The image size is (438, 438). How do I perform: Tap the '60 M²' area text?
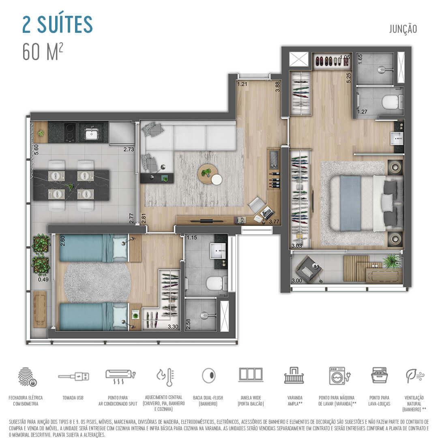tap(43, 52)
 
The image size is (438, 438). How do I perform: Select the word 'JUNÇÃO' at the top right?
tap(403, 29)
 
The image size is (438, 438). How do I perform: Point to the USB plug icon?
tap(73, 376)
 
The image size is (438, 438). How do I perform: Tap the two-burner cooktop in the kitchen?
tap(69, 132)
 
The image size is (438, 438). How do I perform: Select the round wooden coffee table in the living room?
tap(207, 174)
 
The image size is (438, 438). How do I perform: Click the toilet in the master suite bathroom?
tap(392, 103)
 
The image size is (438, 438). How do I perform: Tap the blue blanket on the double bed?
tap(351, 203)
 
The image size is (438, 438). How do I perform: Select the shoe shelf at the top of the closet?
tap(332, 61)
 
